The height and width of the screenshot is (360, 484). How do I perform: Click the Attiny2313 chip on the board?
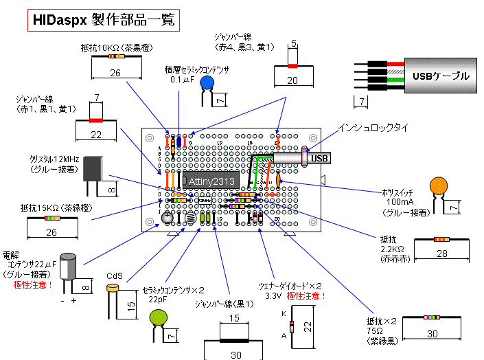[x=209, y=181]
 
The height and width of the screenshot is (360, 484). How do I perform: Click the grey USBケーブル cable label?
[x=439, y=75]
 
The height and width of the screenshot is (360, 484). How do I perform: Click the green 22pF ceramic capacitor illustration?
[x=160, y=317]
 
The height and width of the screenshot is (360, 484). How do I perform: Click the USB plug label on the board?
[x=319, y=159]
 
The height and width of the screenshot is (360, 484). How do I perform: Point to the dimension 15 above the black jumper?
[x=235, y=318]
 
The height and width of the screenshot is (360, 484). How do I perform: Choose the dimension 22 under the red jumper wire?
[x=95, y=135]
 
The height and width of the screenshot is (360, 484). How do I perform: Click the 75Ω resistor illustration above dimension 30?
[x=430, y=317]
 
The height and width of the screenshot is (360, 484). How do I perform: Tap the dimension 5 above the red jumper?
[x=293, y=43]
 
